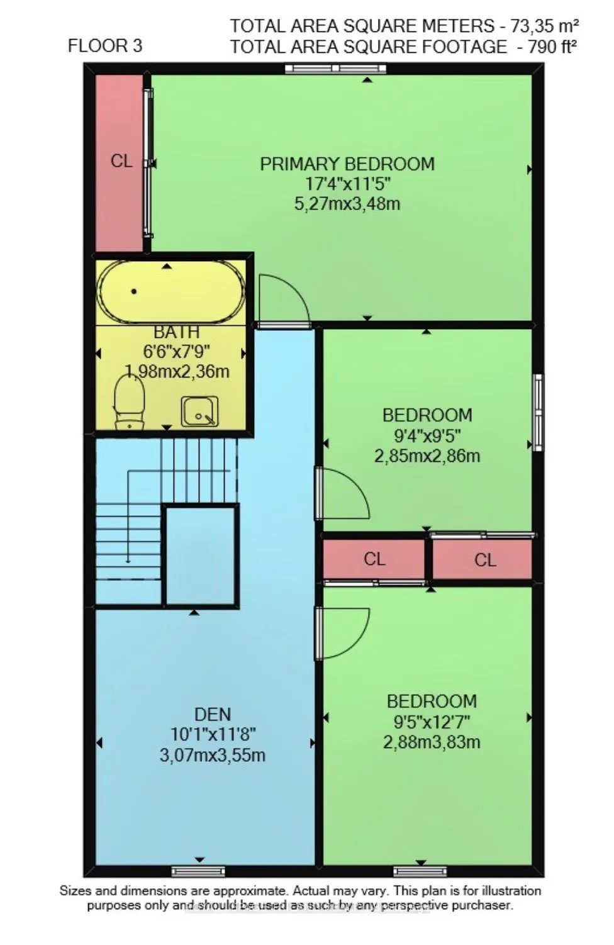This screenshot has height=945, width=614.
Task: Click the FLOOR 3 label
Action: [104, 45]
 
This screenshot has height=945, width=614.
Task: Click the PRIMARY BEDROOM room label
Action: [347, 164]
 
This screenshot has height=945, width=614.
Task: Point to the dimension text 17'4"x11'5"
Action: [347, 184]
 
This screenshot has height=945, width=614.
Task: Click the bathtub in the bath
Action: [170, 292]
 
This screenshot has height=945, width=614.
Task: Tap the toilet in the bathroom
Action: [130, 403]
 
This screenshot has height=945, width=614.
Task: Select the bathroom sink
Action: [199, 411]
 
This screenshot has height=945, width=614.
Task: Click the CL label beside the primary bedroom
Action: [121, 161]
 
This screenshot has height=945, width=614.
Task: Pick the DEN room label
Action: [213, 714]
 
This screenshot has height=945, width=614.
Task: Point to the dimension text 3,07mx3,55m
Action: [213, 754]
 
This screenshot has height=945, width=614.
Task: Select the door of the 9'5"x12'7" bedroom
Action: [340, 632]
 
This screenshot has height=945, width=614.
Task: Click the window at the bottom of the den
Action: [198, 871]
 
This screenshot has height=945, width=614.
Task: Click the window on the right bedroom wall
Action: [539, 412]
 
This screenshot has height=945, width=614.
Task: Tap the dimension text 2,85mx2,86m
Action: [427, 456]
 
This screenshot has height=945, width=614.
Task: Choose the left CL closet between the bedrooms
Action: [374, 559]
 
